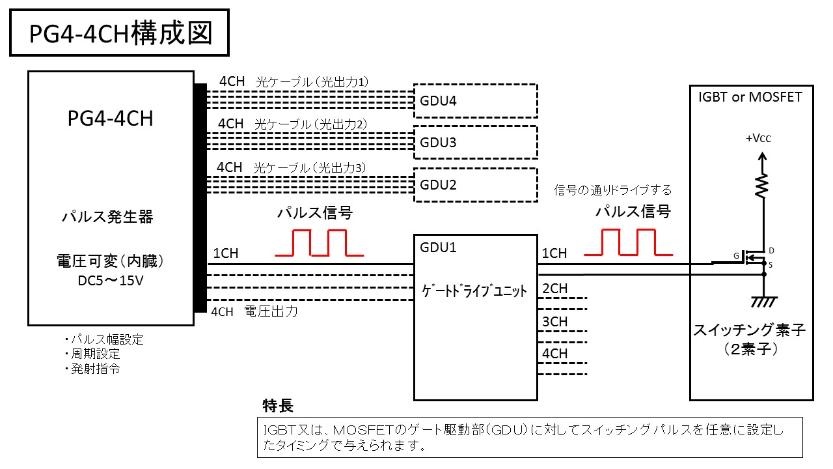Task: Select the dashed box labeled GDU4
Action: click(x=475, y=100)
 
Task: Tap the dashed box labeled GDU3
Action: click(x=475, y=142)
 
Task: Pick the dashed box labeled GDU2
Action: click(x=475, y=184)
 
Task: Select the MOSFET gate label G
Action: click(x=736, y=256)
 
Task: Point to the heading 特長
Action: click(x=278, y=406)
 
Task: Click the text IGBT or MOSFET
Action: click(x=750, y=97)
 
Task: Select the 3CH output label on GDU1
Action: click(x=554, y=322)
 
